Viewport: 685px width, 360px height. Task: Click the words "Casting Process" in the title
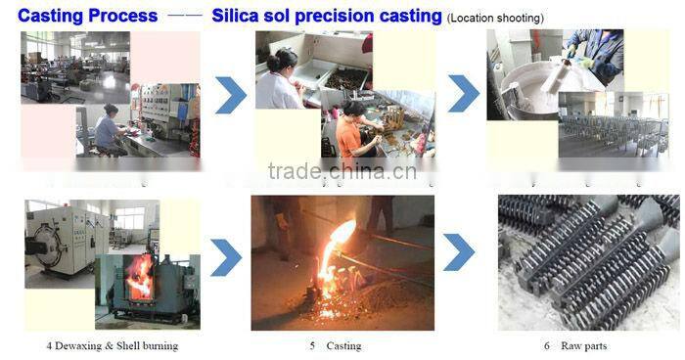(x=80, y=16)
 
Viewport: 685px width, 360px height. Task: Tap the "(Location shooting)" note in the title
(x=495, y=18)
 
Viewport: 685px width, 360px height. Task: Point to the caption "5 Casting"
(x=335, y=346)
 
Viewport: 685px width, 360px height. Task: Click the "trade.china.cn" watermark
(x=342, y=173)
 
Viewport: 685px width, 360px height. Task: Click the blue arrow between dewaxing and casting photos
(x=226, y=257)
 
